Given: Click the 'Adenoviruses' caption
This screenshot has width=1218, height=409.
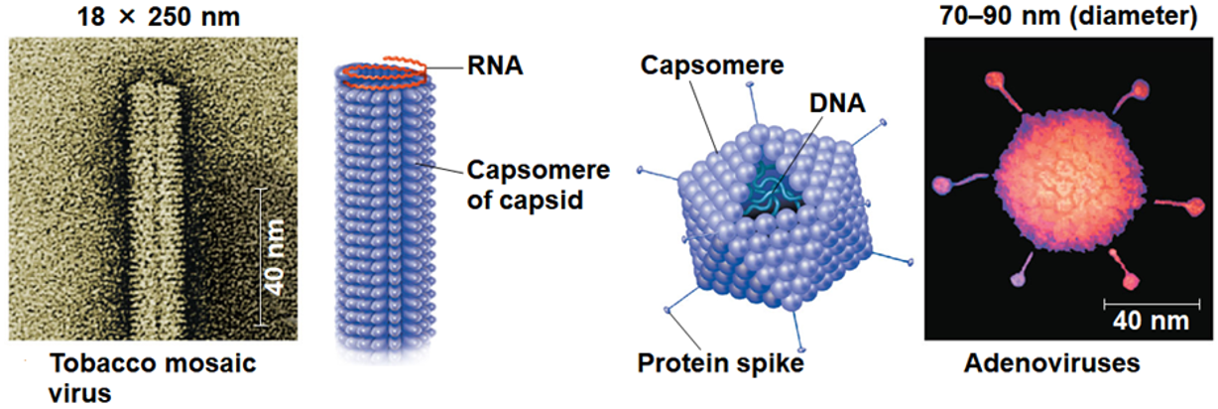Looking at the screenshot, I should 1052,365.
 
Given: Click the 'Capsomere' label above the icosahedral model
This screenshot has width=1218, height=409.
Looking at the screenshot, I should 711,67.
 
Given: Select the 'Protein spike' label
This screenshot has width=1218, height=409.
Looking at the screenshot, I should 720,364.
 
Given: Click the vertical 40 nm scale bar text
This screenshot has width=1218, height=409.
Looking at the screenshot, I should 280,256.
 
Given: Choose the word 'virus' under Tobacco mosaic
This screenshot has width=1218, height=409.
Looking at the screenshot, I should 79,393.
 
